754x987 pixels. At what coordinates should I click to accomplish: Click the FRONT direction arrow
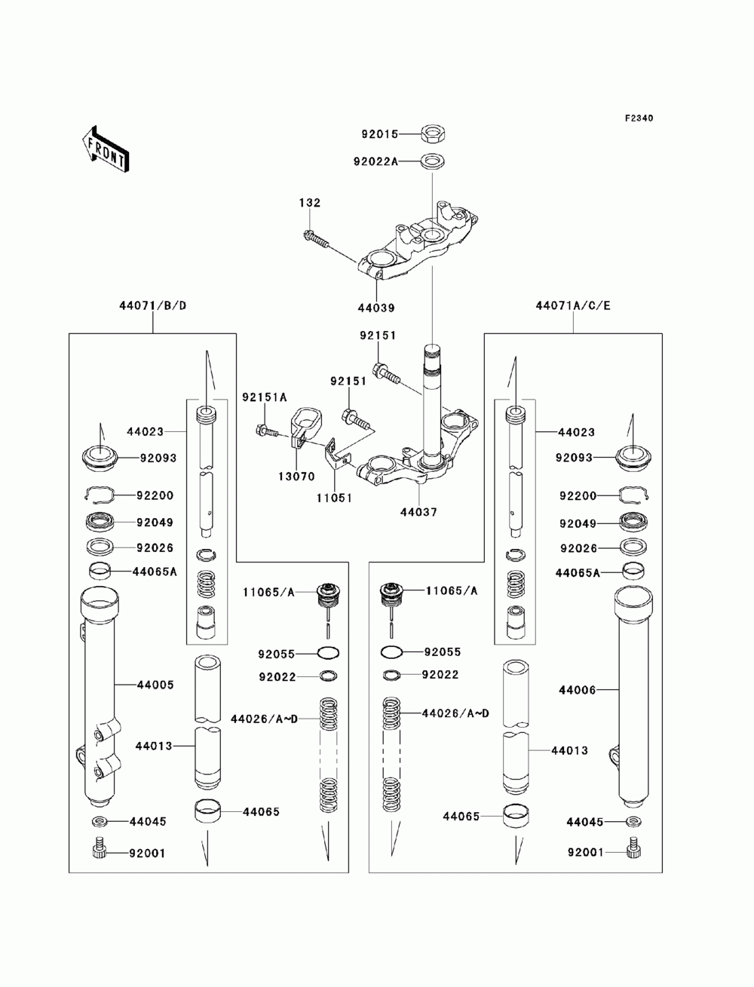pos(106,149)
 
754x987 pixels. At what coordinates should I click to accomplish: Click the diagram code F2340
pos(639,118)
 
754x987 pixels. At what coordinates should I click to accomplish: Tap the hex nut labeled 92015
pos(433,133)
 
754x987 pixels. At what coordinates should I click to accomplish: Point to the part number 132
pos(310,203)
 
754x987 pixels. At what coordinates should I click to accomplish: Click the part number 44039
pos(376,308)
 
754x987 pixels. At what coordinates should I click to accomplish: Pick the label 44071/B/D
pos(152,306)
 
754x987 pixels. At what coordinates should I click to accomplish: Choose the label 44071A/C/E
pos(573,306)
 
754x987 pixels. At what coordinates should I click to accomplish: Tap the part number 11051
pos(334,498)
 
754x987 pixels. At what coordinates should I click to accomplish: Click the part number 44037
pos(418,512)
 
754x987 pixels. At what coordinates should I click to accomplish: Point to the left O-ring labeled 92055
pos(329,653)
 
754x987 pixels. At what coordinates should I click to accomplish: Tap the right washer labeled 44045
pos(633,822)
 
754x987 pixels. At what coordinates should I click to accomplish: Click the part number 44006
pos(577,690)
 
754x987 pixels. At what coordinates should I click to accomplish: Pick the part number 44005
pos(155,685)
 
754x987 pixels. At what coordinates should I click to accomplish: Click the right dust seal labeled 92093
pos(633,458)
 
